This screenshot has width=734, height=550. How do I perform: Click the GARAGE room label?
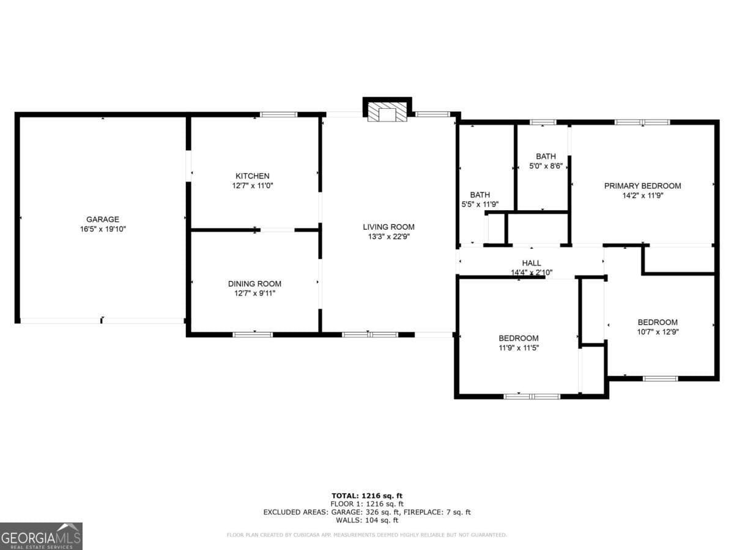102,219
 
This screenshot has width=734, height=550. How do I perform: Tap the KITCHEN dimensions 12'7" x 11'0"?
252,185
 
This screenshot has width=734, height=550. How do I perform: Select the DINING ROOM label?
254,284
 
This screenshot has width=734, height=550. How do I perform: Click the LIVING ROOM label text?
388,227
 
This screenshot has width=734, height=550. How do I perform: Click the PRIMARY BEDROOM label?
642,186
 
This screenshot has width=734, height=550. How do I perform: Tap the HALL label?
531,263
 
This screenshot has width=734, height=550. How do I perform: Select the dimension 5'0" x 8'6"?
546,166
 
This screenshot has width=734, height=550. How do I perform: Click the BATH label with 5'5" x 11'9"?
480,195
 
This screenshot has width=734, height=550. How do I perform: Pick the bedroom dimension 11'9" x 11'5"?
518,348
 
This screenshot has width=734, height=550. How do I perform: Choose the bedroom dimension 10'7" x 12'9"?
658,332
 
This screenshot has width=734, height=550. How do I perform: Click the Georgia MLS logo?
41,536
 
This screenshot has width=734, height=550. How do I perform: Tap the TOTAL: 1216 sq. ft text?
367,496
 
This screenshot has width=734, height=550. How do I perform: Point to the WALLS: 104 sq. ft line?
367,521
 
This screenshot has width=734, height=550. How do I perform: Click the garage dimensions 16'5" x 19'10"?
102,229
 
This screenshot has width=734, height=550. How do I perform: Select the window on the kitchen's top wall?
279,114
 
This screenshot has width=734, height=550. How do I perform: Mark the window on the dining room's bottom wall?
253,334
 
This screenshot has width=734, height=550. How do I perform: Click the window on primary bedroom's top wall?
642,122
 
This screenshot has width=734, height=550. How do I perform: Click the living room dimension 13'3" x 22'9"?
388,237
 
